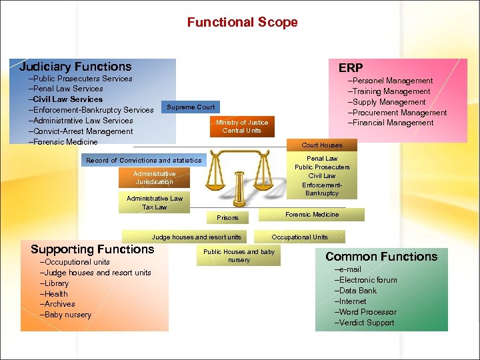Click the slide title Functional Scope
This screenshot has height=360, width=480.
[242, 22]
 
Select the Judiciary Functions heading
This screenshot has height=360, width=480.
[75, 67]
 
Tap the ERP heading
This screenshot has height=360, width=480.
[351, 68]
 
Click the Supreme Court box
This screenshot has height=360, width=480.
[191, 107]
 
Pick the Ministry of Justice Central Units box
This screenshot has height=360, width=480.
[241, 126]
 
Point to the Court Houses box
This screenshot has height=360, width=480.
[322, 145]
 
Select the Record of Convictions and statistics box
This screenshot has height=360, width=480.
[143, 160]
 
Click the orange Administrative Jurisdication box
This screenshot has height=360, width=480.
[154, 178]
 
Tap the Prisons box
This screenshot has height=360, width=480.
[227, 217]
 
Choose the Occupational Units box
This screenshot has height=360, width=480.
[300, 237]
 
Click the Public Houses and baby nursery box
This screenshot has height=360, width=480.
[239, 255]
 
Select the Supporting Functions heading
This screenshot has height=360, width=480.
[92, 249]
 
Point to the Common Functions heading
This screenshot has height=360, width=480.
[381, 257]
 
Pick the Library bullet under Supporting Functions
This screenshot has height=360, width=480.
[56, 283]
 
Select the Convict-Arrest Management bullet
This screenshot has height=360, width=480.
[82, 131]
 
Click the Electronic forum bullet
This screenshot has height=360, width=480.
[367, 280]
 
